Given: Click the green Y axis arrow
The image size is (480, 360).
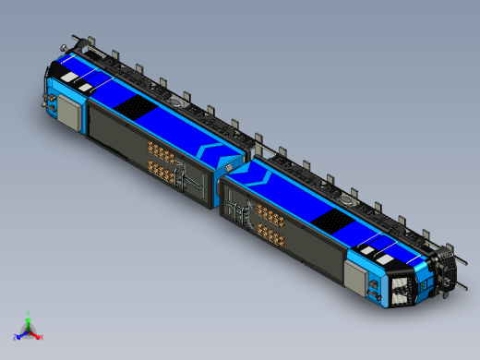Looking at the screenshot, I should coord(29,319).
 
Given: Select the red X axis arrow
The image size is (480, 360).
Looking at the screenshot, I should coord(36,335).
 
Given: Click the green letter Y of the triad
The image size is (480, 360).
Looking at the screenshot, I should coord(29,313).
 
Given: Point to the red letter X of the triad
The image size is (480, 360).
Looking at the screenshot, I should coord(42,337).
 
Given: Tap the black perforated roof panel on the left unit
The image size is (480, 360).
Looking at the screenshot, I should coord(133,108).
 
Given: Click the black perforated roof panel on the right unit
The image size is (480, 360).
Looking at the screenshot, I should coord(329,218).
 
